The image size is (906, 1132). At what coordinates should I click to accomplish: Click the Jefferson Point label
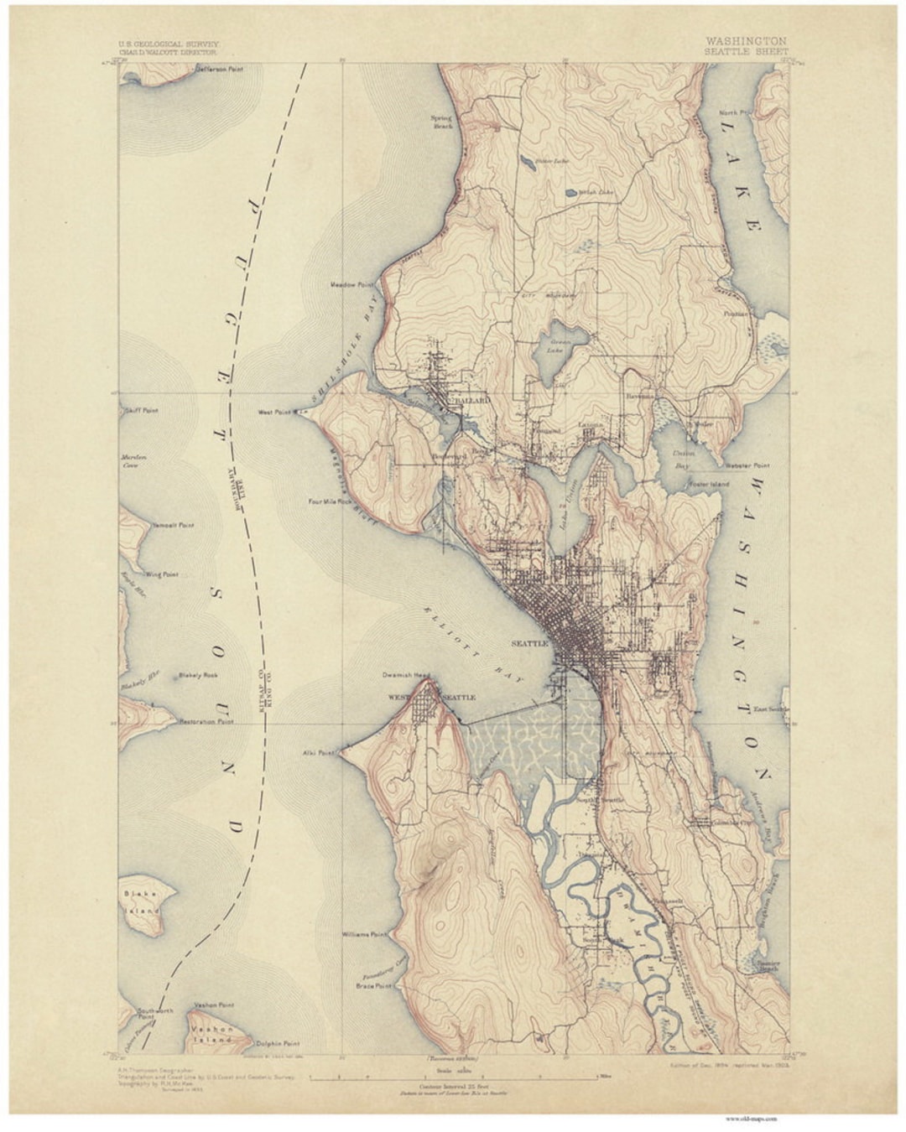pyautogui.click(x=220, y=70)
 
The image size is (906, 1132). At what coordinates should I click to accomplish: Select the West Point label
pyautogui.click(x=273, y=413)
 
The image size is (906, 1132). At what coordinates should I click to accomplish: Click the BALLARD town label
pyautogui.click(x=472, y=402)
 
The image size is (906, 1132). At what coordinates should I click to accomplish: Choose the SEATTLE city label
pyautogui.click(x=528, y=643)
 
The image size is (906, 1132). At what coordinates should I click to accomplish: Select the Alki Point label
pyautogui.click(x=318, y=753)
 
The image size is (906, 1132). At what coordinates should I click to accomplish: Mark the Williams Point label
pyautogui.click(x=364, y=933)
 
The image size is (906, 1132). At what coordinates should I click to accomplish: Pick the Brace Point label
pyautogui.click(x=374, y=986)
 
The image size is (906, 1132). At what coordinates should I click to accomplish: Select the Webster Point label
pyautogui.click(x=748, y=465)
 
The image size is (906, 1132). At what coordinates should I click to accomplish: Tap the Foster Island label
pyautogui.click(x=710, y=484)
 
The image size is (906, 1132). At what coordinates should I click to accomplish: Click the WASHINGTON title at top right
pyautogui.click(x=746, y=40)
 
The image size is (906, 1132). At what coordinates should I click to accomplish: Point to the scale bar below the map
pyautogui.click(x=454, y=1073)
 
